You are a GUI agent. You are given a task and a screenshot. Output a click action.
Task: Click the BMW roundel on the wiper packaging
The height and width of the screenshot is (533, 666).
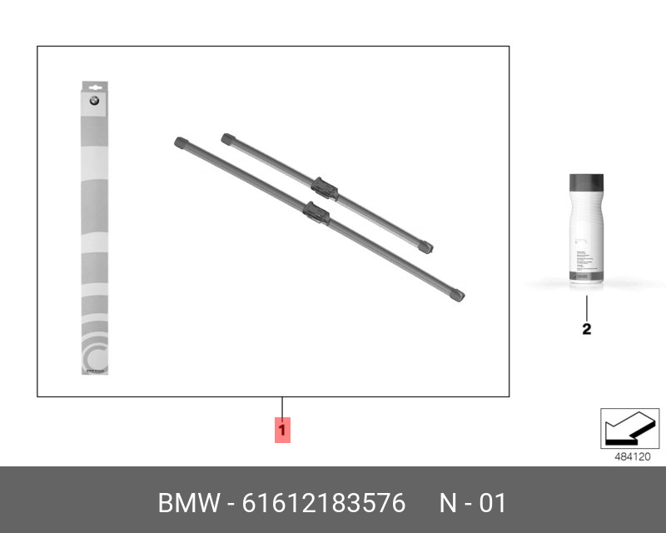94,102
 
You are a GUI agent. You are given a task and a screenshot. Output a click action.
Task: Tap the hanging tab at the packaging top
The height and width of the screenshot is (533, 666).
94,86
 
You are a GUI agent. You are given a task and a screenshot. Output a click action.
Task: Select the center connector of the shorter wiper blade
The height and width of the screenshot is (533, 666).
325,187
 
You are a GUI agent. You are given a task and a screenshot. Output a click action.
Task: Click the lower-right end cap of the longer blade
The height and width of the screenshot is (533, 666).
456,293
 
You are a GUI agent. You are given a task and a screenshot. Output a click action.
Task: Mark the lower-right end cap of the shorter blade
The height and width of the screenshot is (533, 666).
426,247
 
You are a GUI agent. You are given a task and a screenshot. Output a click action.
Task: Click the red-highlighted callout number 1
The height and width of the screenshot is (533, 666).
282,431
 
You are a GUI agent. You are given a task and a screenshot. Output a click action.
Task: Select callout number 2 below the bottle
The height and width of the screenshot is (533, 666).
586,329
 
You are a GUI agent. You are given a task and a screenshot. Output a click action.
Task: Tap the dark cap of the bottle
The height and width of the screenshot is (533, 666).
586,183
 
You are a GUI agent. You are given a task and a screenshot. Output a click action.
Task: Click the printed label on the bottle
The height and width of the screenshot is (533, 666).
586,250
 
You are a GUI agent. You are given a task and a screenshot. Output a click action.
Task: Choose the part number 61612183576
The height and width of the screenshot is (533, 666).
324,504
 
